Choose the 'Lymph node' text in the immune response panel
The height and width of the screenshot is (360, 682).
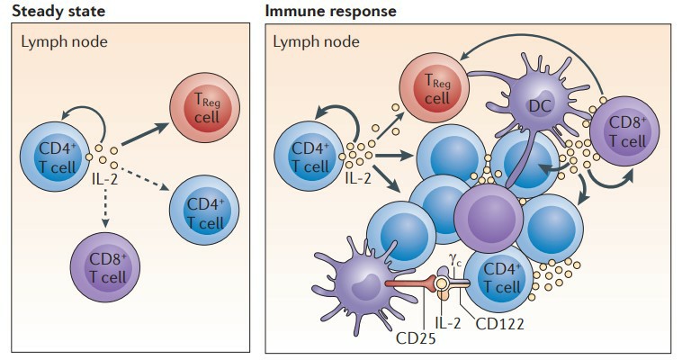click(316, 42)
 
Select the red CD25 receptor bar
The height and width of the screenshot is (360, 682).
click(410, 283)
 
